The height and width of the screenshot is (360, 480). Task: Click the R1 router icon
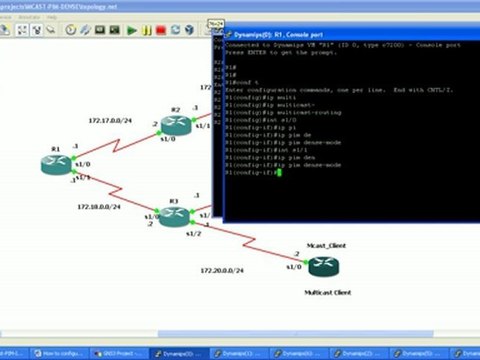(x=56, y=164)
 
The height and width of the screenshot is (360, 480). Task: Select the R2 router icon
(x=176, y=123)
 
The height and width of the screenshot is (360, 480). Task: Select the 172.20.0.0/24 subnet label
(x=221, y=271)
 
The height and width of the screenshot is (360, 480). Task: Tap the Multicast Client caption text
(x=328, y=292)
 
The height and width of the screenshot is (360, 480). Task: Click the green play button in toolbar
(x=132, y=30)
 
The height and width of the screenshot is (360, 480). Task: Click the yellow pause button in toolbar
(x=145, y=30)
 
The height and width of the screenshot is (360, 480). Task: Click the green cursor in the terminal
(x=281, y=173)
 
